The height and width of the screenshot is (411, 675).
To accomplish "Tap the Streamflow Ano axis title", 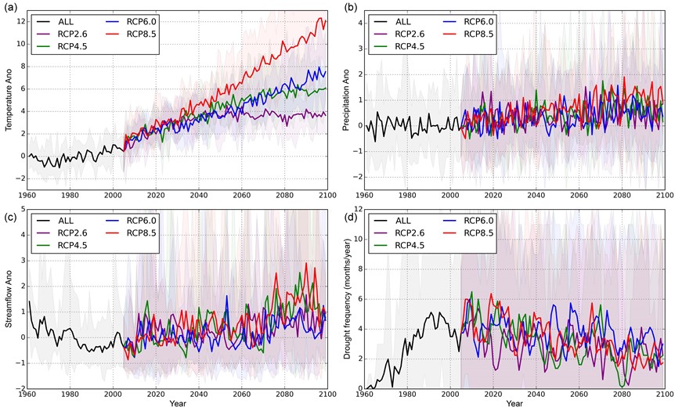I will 11,300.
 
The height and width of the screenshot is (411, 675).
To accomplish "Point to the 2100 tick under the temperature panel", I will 327,195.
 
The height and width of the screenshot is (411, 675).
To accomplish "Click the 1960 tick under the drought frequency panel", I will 365,395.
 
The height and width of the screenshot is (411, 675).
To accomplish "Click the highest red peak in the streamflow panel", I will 307,264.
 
